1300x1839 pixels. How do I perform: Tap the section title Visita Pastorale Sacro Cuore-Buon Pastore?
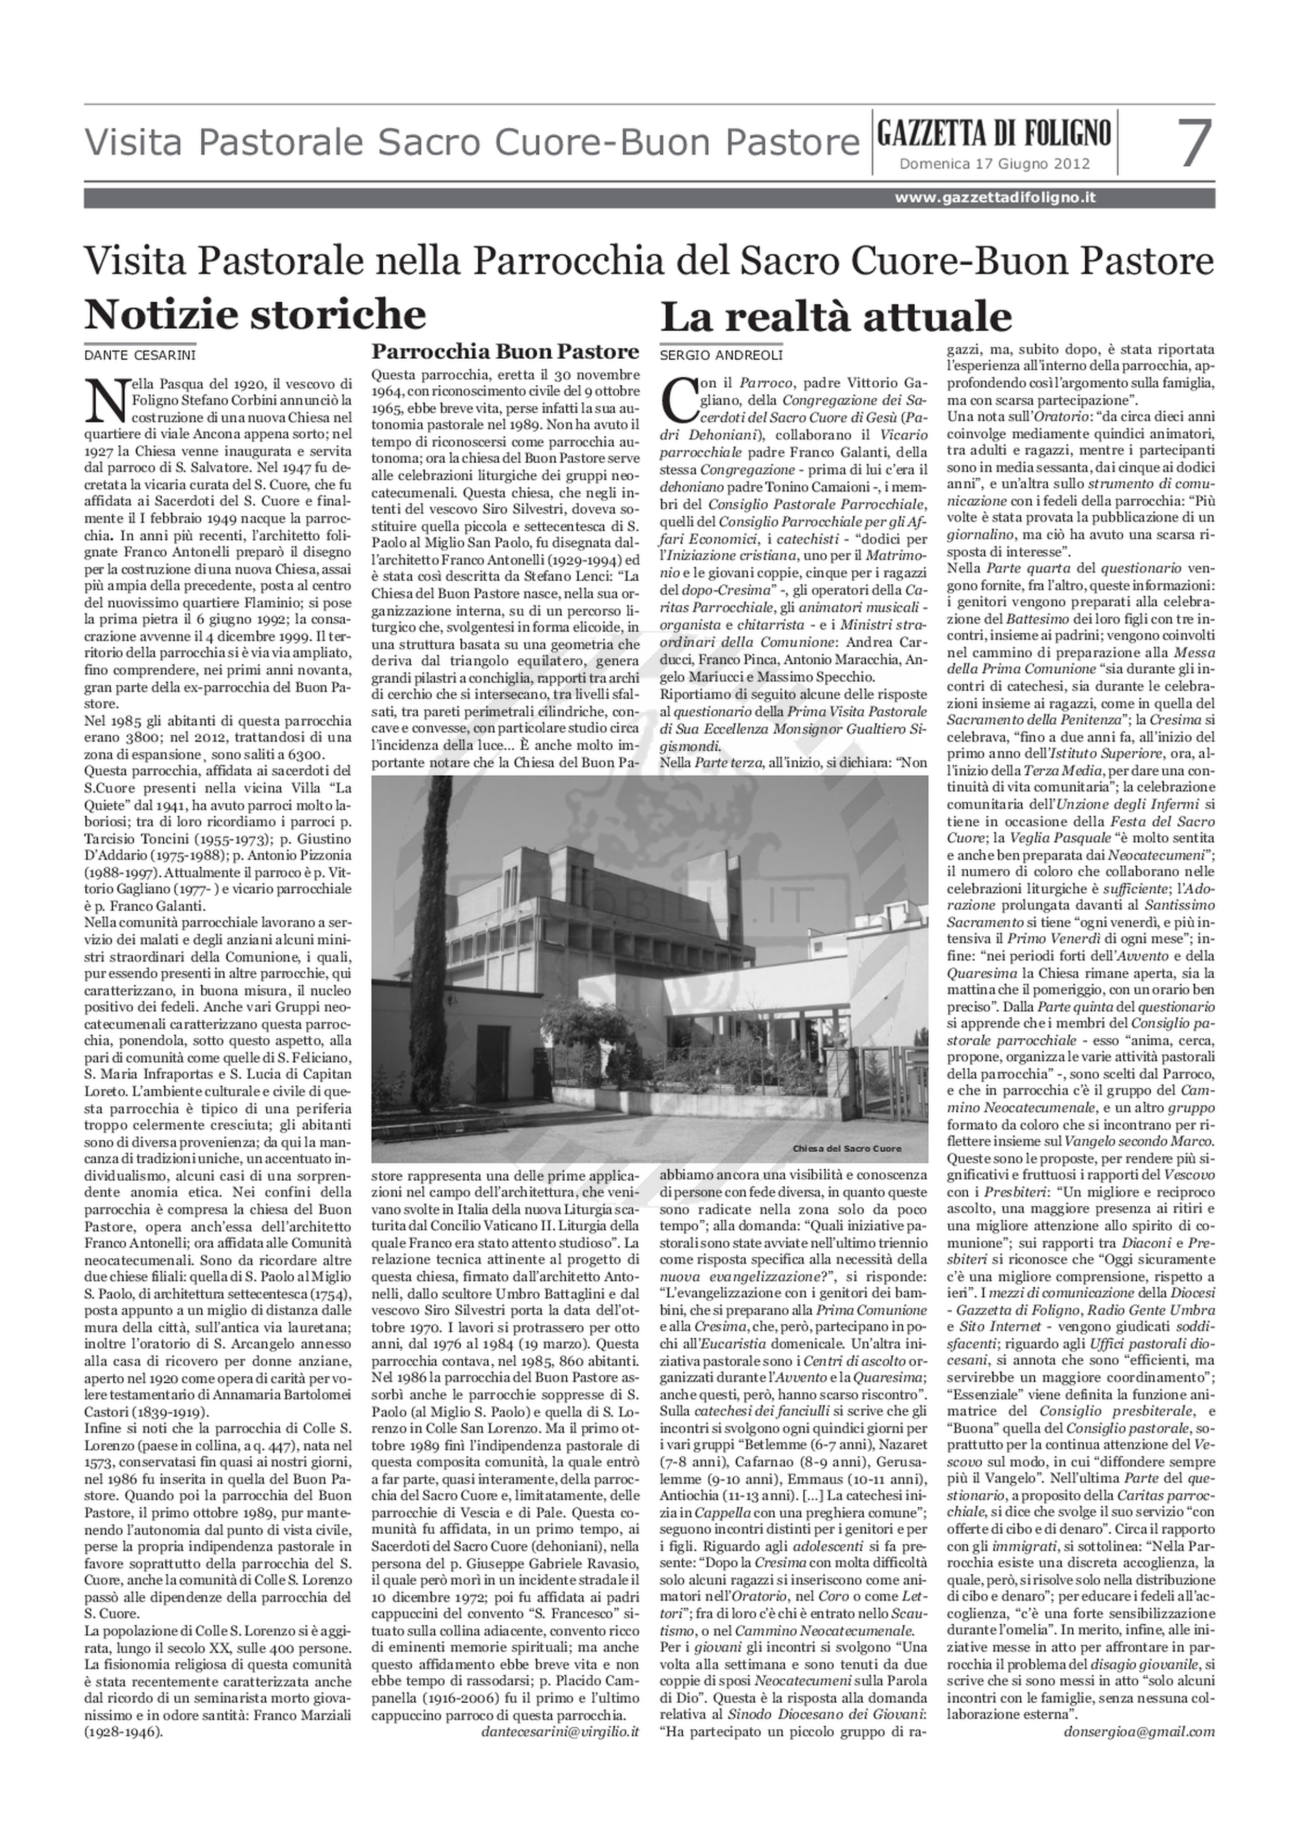472,144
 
